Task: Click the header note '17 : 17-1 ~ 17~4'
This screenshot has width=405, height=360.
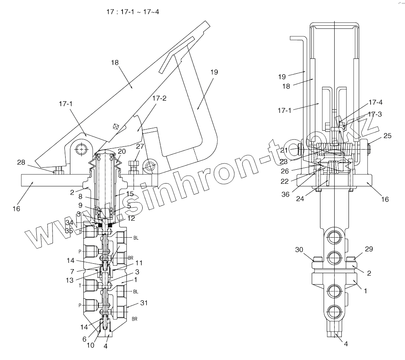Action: click(133, 12)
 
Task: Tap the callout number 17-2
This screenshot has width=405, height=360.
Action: click(158, 99)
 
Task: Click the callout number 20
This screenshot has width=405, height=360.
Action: click(122, 152)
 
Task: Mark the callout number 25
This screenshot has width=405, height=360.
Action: click(388, 136)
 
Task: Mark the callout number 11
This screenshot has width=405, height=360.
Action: click(139, 263)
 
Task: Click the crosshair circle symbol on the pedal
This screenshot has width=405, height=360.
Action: click(116, 127)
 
